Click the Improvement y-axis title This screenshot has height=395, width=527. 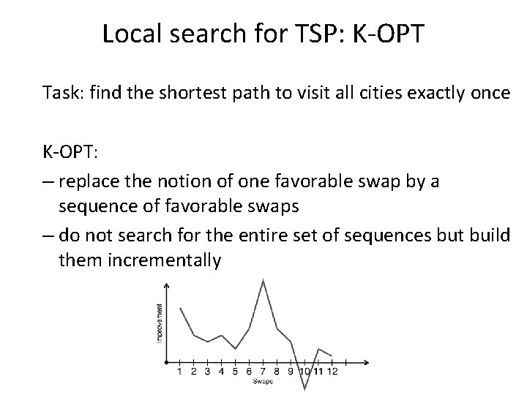[x=160, y=323]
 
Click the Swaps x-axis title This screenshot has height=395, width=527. [x=263, y=381]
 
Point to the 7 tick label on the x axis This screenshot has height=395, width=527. [x=263, y=372]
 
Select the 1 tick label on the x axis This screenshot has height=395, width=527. [x=180, y=372]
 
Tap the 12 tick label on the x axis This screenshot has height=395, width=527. [x=332, y=372]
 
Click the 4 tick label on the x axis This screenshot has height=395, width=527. [x=222, y=372]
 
